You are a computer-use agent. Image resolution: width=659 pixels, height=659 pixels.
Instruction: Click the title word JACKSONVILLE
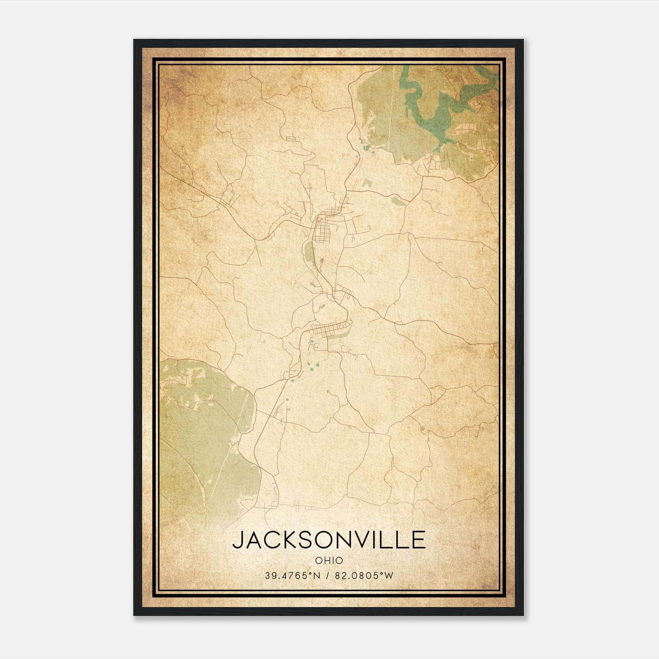(329, 540)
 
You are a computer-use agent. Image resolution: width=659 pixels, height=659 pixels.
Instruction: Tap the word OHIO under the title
(329, 560)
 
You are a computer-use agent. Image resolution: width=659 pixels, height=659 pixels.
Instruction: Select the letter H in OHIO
(325, 560)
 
